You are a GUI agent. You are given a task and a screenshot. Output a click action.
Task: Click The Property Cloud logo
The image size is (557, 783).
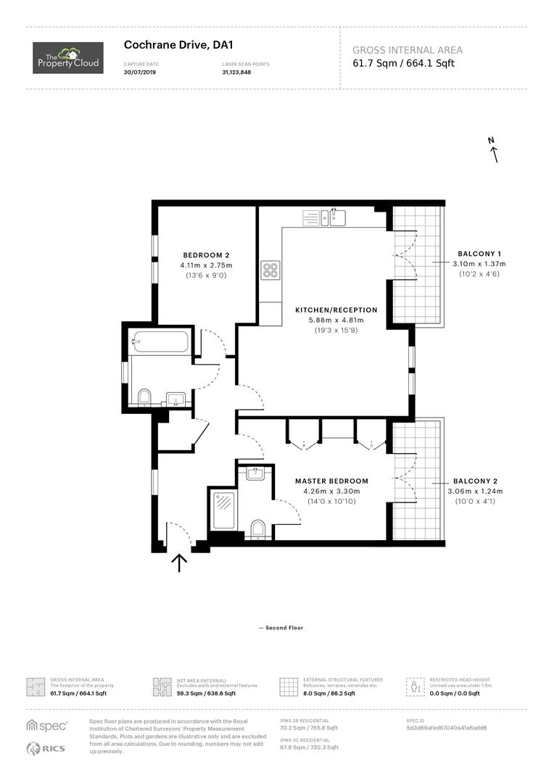pos(68,58)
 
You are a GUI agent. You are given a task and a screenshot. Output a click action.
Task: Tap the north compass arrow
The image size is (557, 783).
pos(494,151)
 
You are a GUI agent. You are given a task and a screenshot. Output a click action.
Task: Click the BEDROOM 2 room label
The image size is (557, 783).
pos(206,254)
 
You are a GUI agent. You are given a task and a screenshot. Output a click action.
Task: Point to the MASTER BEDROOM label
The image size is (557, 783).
pos(331,481)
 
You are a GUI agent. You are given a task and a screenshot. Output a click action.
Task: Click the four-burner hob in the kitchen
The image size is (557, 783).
pos(271,270)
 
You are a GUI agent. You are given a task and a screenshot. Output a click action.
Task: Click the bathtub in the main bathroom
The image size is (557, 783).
pos(161,341)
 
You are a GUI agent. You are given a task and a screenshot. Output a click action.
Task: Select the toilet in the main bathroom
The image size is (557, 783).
pos(144,397)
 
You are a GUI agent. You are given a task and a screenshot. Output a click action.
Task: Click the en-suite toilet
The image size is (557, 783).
pos(255,529)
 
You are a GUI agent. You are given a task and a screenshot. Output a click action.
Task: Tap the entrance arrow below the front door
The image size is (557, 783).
pos(179,563)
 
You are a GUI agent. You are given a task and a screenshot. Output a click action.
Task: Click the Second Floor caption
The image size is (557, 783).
pos(281,627)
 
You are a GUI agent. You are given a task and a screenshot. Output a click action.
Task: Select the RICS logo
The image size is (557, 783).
pos(46,748)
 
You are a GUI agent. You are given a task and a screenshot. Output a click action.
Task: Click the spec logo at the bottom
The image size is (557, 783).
pos(46,725)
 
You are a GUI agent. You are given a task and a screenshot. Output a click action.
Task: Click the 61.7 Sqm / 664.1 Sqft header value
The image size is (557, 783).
pos(403,63)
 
